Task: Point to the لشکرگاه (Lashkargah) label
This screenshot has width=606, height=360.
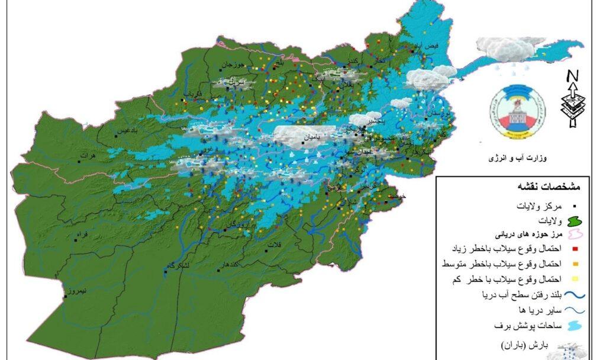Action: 178,266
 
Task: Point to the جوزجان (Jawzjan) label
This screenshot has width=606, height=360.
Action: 233,63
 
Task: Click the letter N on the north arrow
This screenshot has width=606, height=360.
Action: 572,76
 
